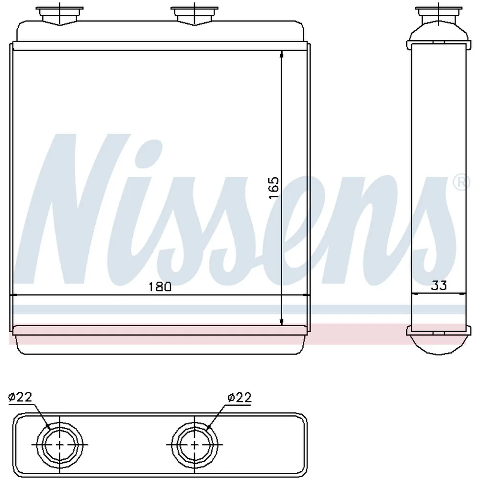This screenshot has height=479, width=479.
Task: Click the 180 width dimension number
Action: [x=160, y=286]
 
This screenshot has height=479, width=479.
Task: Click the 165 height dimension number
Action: [x=274, y=188]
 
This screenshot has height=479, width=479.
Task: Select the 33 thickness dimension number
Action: [x=439, y=285]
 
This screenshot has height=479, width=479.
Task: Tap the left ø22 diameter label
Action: [x=20, y=397]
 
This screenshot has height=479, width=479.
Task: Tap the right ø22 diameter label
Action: [x=239, y=398]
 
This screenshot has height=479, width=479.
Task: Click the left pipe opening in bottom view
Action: [x=59, y=445]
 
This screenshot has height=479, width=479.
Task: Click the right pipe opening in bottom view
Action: [x=194, y=445]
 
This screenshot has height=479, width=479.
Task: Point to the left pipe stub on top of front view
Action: [x=59, y=15]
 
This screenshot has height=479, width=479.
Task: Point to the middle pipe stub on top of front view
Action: [x=194, y=15]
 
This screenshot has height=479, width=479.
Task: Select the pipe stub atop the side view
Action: [x=438, y=15]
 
